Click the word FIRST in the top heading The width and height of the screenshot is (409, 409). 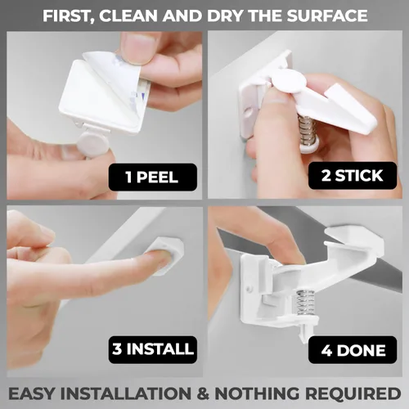(x=66, y=16)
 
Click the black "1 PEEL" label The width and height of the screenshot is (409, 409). (x=153, y=177)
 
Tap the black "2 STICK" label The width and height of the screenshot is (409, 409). (x=353, y=175)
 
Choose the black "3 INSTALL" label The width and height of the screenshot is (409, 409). (x=153, y=349)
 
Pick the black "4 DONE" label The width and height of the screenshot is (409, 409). (x=353, y=350)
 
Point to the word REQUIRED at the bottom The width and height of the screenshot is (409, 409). (x=353, y=393)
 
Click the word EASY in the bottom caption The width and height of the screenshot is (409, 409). (x=31, y=393)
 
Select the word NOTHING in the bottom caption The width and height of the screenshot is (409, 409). (x=257, y=393)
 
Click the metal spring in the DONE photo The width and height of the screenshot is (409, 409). (x=305, y=303)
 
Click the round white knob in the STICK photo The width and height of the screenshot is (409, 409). (x=290, y=81)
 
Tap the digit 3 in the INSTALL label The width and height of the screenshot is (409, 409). (x=117, y=349)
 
